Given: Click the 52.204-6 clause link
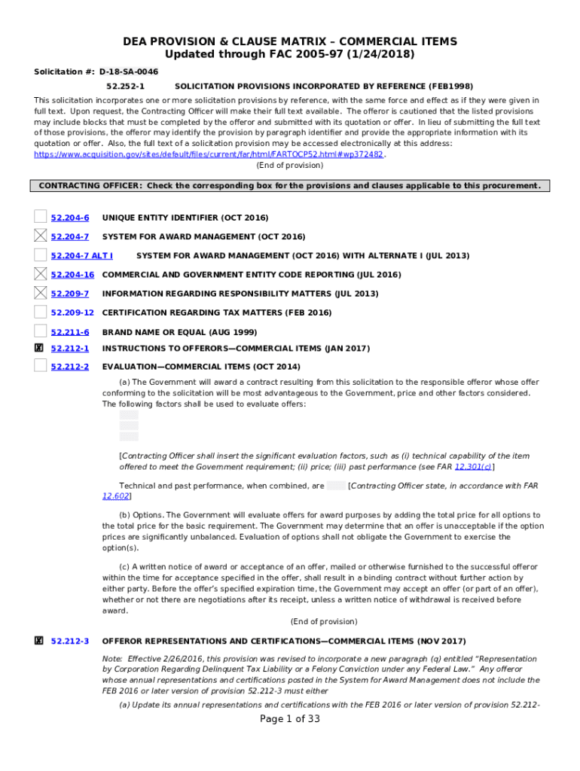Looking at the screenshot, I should pos(70,218).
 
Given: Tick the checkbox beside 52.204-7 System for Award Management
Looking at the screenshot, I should pos(40,236).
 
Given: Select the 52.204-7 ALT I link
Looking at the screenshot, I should pos(82,256).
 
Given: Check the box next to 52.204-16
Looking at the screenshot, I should pos(40,274).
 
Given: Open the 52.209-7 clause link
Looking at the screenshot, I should pos(70,294).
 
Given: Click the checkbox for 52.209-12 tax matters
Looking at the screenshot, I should pos(40,312).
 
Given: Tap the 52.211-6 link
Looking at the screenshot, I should pos(70,332).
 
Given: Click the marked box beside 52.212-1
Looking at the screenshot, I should pos(39,348).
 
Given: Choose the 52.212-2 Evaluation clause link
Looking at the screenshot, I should pos(70,367).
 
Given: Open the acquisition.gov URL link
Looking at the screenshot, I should pos(209,154).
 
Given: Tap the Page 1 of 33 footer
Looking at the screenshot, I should pos(290,719).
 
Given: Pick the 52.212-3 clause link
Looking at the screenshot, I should pos(70,641).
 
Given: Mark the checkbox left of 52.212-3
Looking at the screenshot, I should pos(39,641).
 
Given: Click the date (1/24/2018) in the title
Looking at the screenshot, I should pos(385,55).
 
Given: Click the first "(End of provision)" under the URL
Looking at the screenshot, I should pos(290,165).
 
